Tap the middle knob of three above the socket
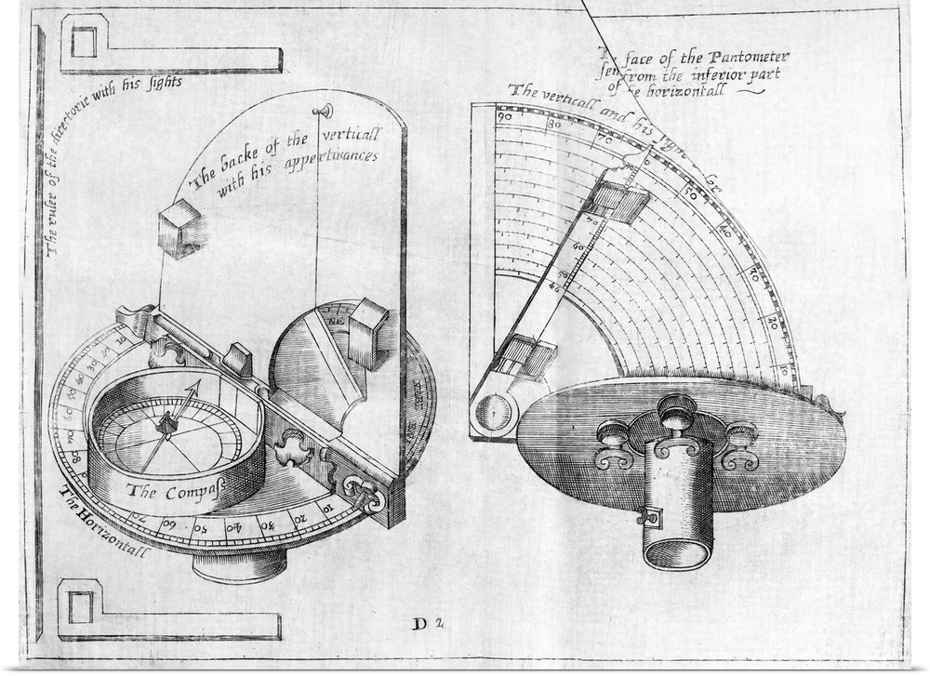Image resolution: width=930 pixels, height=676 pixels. tap(676, 409)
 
